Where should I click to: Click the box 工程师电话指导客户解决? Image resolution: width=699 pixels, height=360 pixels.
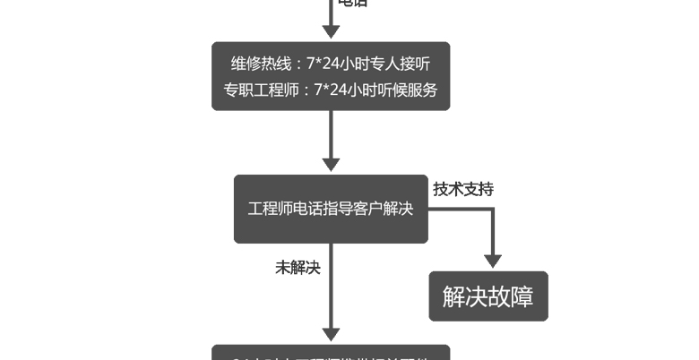tap(331, 209)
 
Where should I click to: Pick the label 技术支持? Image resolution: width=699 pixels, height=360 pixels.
tap(463, 189)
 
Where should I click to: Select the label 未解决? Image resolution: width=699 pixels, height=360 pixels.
tap(298, 267)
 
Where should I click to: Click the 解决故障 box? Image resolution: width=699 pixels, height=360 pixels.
tap(488, 296)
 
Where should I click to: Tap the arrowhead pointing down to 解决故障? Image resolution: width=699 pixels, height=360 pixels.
tap(492, 260)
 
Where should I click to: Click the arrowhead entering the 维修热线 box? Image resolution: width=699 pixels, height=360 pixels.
tap(331, 31)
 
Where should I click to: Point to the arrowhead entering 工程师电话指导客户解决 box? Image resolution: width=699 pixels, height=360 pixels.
tap(331, 164)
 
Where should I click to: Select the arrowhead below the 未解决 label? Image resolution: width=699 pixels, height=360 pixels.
tap(331, 332)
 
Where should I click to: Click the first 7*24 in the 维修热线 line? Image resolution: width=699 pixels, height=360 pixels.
tap(325, 64)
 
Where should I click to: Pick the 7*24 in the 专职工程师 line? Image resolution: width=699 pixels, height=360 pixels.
tap(332, 90)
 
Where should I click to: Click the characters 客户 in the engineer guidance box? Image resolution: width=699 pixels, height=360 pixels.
tap(367, 209)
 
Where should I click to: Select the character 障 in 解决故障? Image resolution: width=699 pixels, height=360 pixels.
tap(522, 296)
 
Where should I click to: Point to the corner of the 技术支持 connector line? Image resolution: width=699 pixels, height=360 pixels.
tap(492, 210)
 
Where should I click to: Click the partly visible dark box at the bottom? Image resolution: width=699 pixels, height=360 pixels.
tap(331, 353)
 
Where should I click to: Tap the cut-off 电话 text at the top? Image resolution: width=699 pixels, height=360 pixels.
tap(351, 4)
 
